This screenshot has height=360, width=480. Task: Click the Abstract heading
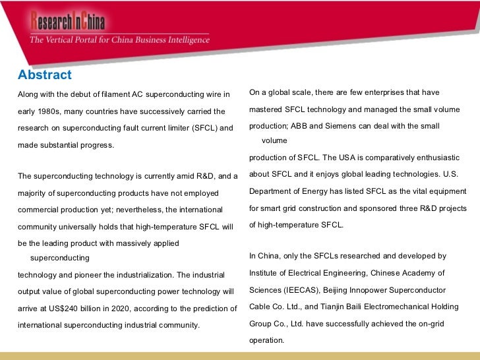45,75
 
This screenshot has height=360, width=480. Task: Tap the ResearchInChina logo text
67,22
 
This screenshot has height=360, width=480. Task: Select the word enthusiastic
443,158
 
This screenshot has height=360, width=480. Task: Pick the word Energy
318,191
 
